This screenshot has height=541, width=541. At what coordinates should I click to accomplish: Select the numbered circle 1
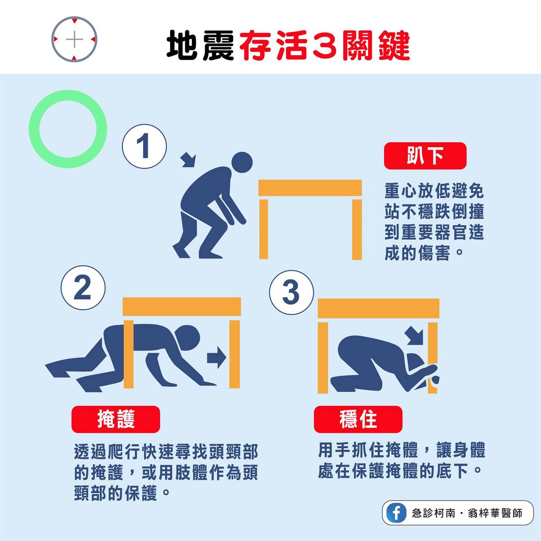tap(144, 146)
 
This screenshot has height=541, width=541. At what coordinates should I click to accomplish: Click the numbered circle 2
tap(83, 288)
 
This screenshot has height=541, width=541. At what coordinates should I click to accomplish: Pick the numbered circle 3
tap(291, 292)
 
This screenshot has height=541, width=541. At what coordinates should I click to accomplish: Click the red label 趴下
tap(425, 156)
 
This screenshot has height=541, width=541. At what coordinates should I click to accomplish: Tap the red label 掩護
tap(116, 419)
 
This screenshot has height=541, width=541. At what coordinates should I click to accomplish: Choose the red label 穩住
tap(358, 419)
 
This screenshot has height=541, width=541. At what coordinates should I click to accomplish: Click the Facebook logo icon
tap(396, 512)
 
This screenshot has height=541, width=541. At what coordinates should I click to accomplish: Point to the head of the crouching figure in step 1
tap(242, 162)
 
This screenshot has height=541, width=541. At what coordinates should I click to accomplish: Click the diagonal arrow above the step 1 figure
tap(188, 160)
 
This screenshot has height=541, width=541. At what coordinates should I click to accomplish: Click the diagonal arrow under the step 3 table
tap(415, 335)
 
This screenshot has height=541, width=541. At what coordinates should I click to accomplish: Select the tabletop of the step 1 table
tap(310, 188)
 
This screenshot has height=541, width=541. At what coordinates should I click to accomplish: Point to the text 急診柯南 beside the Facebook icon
tap(433, 513)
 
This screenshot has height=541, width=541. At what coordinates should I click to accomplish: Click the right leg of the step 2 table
tap(234, 354)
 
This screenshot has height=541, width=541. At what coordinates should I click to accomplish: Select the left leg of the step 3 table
tap(323, 358)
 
